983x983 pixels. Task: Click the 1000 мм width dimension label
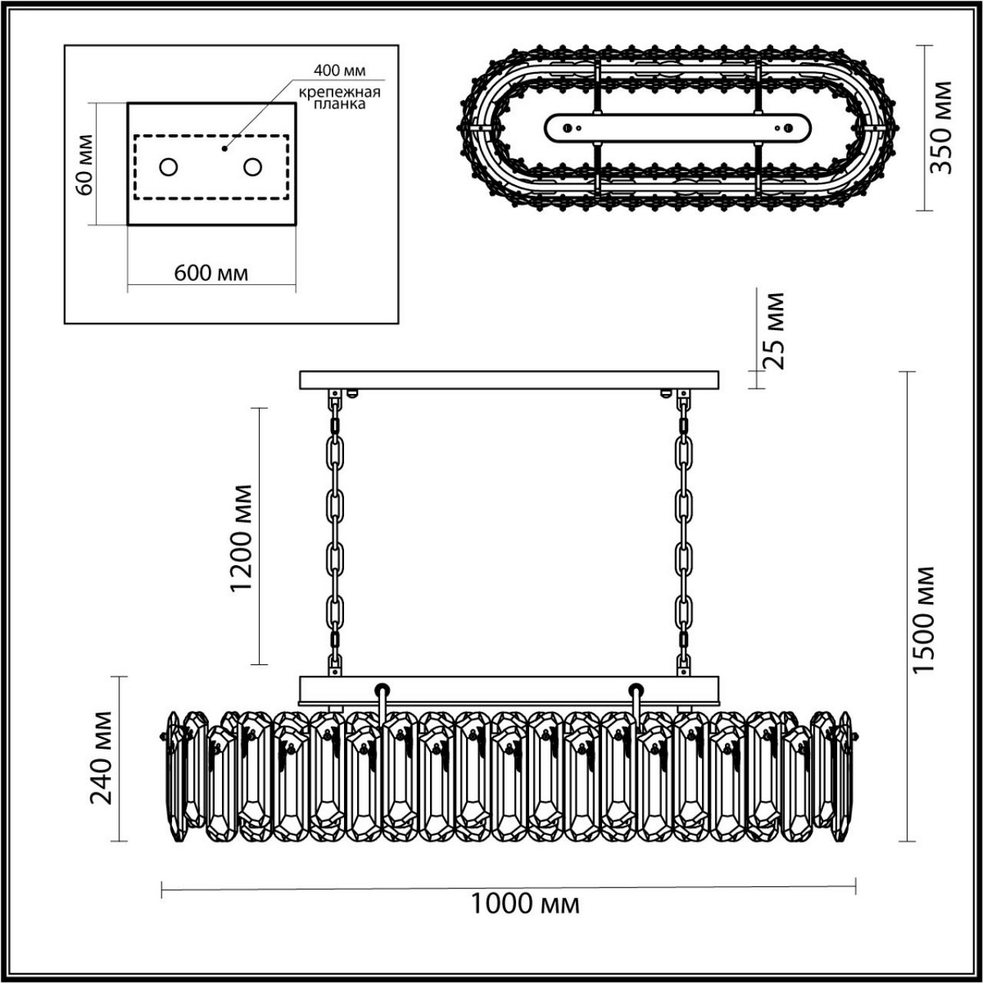point(525,904)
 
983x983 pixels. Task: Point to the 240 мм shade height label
point(102,758)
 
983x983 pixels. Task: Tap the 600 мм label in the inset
point(211,273)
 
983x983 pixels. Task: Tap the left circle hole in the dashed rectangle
point(169,167)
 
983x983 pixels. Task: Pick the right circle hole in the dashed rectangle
point(252,167)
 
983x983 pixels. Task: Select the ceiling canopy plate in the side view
point(509,380)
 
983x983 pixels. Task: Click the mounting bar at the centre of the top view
point(678,128)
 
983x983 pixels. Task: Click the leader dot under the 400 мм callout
point(224,149)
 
